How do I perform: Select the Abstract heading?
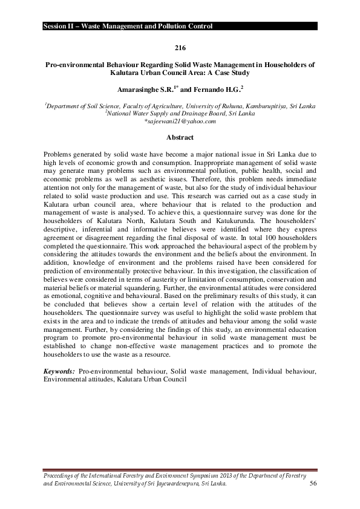[x=180, y=137]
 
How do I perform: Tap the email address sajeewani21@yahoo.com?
[x=180, y=122]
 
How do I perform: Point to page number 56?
[x=313, y=484]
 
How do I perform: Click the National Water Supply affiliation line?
[x=180, y=113]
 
